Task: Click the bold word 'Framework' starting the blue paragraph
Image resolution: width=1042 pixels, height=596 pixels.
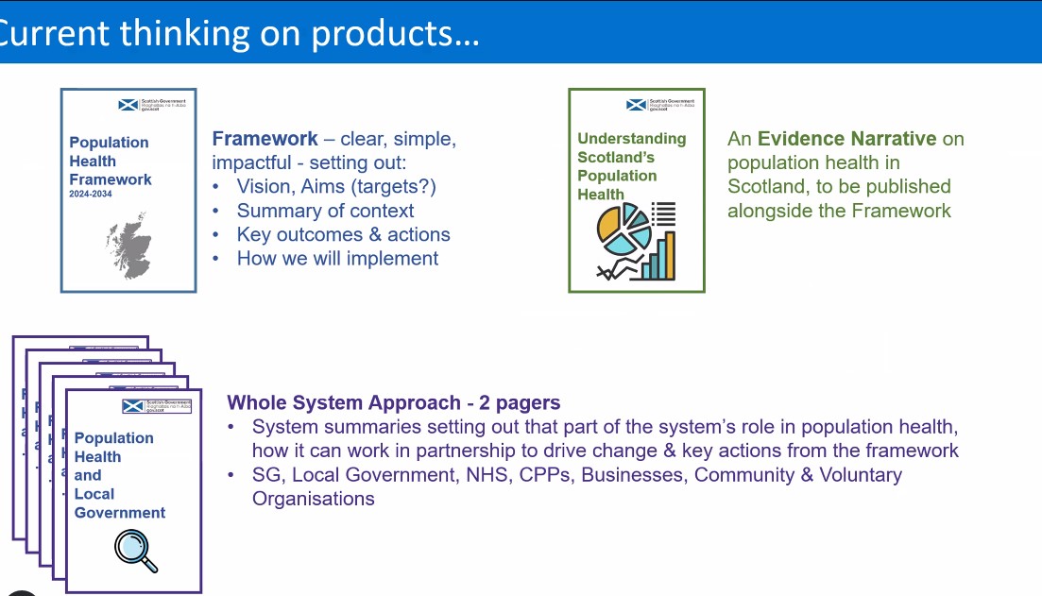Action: (x=265, y=139)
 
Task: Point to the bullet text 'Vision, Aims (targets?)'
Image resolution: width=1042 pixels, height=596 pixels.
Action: (x=336, y=186)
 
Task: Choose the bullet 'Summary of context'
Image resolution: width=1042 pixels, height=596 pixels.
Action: (x=325, y=211)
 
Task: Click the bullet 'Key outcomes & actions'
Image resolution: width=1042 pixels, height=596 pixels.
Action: (x=343, y=234)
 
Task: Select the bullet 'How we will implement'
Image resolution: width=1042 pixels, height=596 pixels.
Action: (x=337, y=258)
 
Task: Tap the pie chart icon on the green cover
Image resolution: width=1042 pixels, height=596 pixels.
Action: (x=623, y=230)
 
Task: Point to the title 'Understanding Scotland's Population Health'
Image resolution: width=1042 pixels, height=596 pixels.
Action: (x=631, y=166)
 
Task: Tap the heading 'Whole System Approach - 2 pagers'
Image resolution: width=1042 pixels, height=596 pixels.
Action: (x=393, y=402)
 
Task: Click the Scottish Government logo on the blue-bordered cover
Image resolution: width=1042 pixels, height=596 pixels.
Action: (x=154, y=106)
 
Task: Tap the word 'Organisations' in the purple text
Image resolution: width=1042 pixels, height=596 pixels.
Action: (x=313, y=499)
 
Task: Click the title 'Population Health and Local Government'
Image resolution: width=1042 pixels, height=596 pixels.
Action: (x=119, y=475)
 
